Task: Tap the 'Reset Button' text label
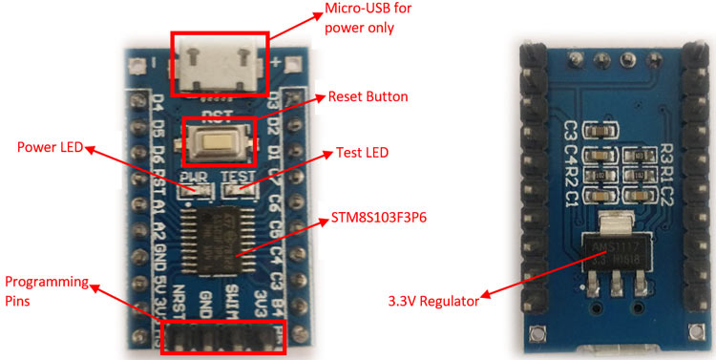coord(368,97)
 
